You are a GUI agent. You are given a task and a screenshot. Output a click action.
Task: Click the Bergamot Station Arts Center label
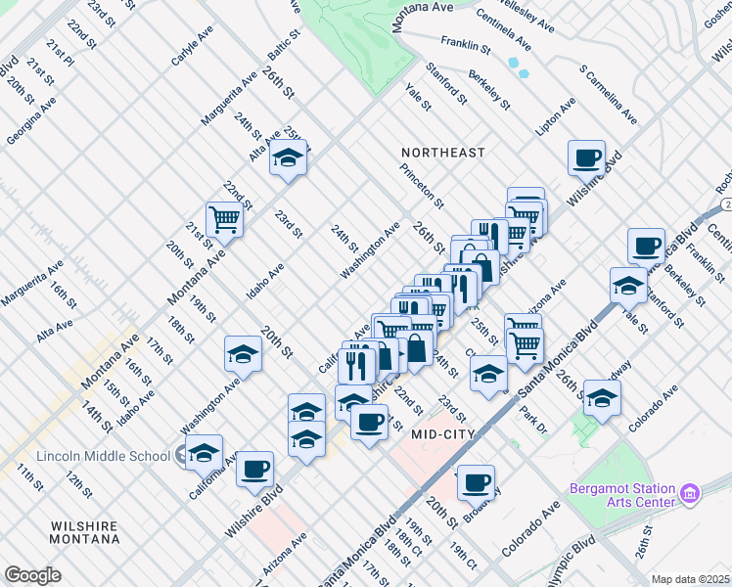pos(622,495)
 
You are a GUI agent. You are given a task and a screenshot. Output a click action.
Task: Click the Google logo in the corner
pos(32,575)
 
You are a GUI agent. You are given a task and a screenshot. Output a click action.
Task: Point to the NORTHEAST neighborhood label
pos(443,153)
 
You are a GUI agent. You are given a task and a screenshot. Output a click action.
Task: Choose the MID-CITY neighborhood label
pos(442,433)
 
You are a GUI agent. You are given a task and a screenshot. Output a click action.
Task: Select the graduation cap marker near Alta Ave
pos(288,158)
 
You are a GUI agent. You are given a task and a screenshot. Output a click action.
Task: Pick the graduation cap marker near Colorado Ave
pos(603,397)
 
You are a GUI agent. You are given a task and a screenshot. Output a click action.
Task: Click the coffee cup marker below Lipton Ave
pos(587,158)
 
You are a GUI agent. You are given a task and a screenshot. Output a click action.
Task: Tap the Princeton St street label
pos(421,186)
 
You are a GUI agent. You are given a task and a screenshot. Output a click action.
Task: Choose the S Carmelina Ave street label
pos(608,96)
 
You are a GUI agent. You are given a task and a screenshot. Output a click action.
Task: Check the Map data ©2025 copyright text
pos(689,579)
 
